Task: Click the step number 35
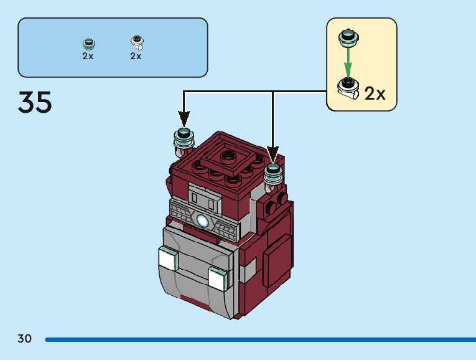pyautogui.click(x=35, y=103)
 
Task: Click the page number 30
pyautogui.click(x=24, y=339)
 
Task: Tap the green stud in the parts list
pyautogui.click(x=89, y=44)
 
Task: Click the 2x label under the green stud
pyautogui.click(x=88, y=56)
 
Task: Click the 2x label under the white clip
pyautogui.click(x=136, y=56)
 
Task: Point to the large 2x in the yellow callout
pyautogui.click(x=375, y=93)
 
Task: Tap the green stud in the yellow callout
pyautogui.click(x=348, y=37)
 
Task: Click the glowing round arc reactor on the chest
pyautogui.click(x=203, y=219)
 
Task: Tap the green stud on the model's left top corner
pyautogui.click(x=184, y=136)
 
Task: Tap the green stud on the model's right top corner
pyautogui.click(x=274, y=170)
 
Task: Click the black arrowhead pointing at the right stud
pyautogui.click(x=273, y=153)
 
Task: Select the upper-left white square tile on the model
pyautogui.click(x=168, y=258)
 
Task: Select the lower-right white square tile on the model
pyautogui.click(x=217, y=278)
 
